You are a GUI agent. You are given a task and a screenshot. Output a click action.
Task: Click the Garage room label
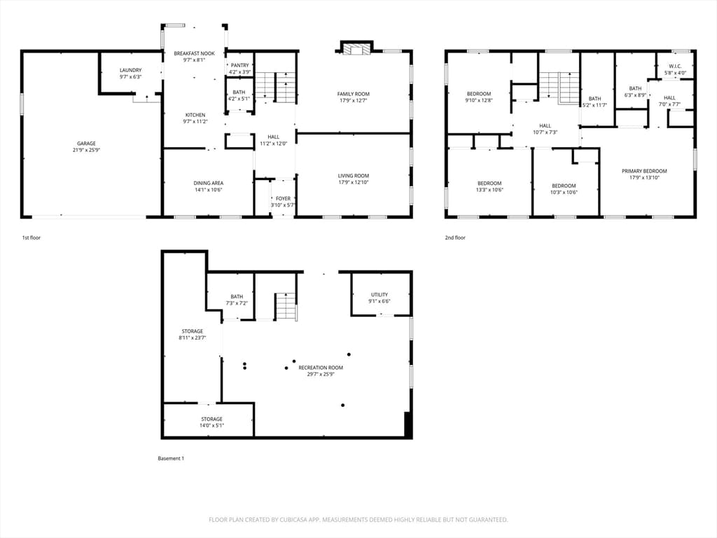pyautogui.click(x=86, y=144)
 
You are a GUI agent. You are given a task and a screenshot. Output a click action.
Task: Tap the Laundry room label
pyautogui.click(x=131, y=70)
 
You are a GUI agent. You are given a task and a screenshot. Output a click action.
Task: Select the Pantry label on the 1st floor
pyautogui.click(x=239, y=65)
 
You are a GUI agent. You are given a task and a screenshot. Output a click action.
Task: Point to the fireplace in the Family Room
pyautogui.click(x=356, y=50)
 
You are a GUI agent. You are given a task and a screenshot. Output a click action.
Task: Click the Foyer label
pyautogui.click(x=283, y=198)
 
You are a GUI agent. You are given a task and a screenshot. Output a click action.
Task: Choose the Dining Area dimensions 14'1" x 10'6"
pyautogui.click(x=209, y=190)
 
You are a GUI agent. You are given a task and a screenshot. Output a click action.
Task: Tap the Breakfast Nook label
pyautogui.click(x=195, y=53)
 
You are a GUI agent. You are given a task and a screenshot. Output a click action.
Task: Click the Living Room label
pyautogui.click(x=354, y=176)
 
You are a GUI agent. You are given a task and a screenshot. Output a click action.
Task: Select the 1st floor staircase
pyautogui.click(x=275, y=87)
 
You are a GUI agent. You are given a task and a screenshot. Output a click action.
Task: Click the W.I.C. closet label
pyautogui.click(x=675, y=66)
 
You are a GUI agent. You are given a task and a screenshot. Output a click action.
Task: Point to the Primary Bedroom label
pyautogui.click(x=644, y=171)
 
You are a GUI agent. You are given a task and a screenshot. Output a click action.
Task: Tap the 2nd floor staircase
pyautogui.click(x=559, y=88)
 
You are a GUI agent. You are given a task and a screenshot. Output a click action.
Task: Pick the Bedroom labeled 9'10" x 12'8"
pyautogui.click(x=479, y=97)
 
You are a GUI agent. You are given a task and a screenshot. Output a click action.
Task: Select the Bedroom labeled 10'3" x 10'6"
pyautogui.click(x=564, y=189)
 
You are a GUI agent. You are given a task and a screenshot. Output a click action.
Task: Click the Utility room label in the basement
pyautogui.click(x=380, y=295)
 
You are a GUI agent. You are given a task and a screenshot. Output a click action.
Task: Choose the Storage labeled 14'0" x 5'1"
pyautogui.click(x=211, y=422)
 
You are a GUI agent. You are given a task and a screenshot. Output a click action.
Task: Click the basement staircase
pyautogui.click(x=286, y=307)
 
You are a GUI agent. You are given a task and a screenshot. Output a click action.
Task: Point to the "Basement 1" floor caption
pyautogui.click(x=171, y=458)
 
